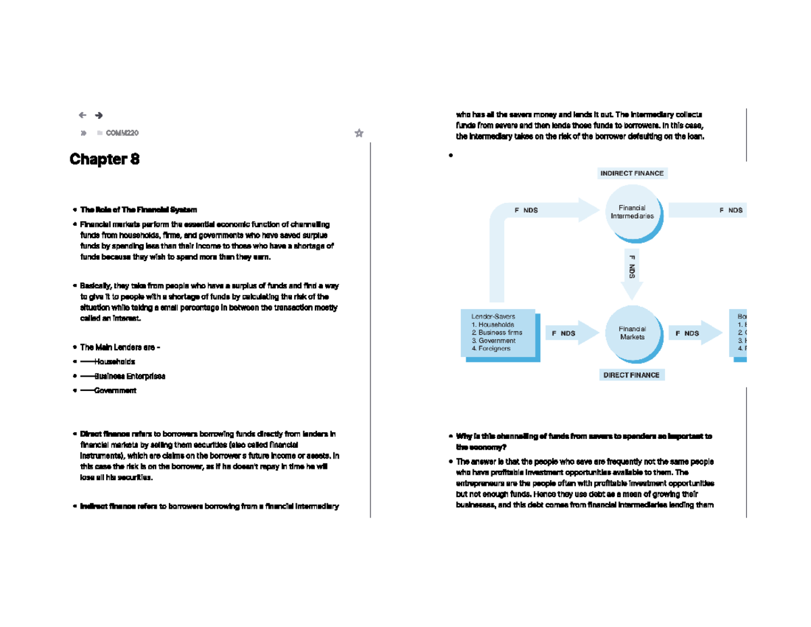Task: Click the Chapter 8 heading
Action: point(105,160)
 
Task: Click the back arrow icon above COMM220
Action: point(82,116)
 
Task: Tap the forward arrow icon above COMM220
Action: point(99,116)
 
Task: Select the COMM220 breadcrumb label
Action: point(122,133)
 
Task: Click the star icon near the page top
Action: point(359,133)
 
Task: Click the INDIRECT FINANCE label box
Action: point(632,173)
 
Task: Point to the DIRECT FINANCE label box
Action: point(632,375)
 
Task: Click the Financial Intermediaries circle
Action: point(632,212)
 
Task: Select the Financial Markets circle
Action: point(632,333)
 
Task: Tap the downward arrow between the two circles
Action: point(632,274)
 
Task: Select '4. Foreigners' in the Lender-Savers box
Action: point(492,349)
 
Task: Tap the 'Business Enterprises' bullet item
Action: point(129,376)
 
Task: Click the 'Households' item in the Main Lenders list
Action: point(114,362)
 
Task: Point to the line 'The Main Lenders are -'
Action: point(120,347)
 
